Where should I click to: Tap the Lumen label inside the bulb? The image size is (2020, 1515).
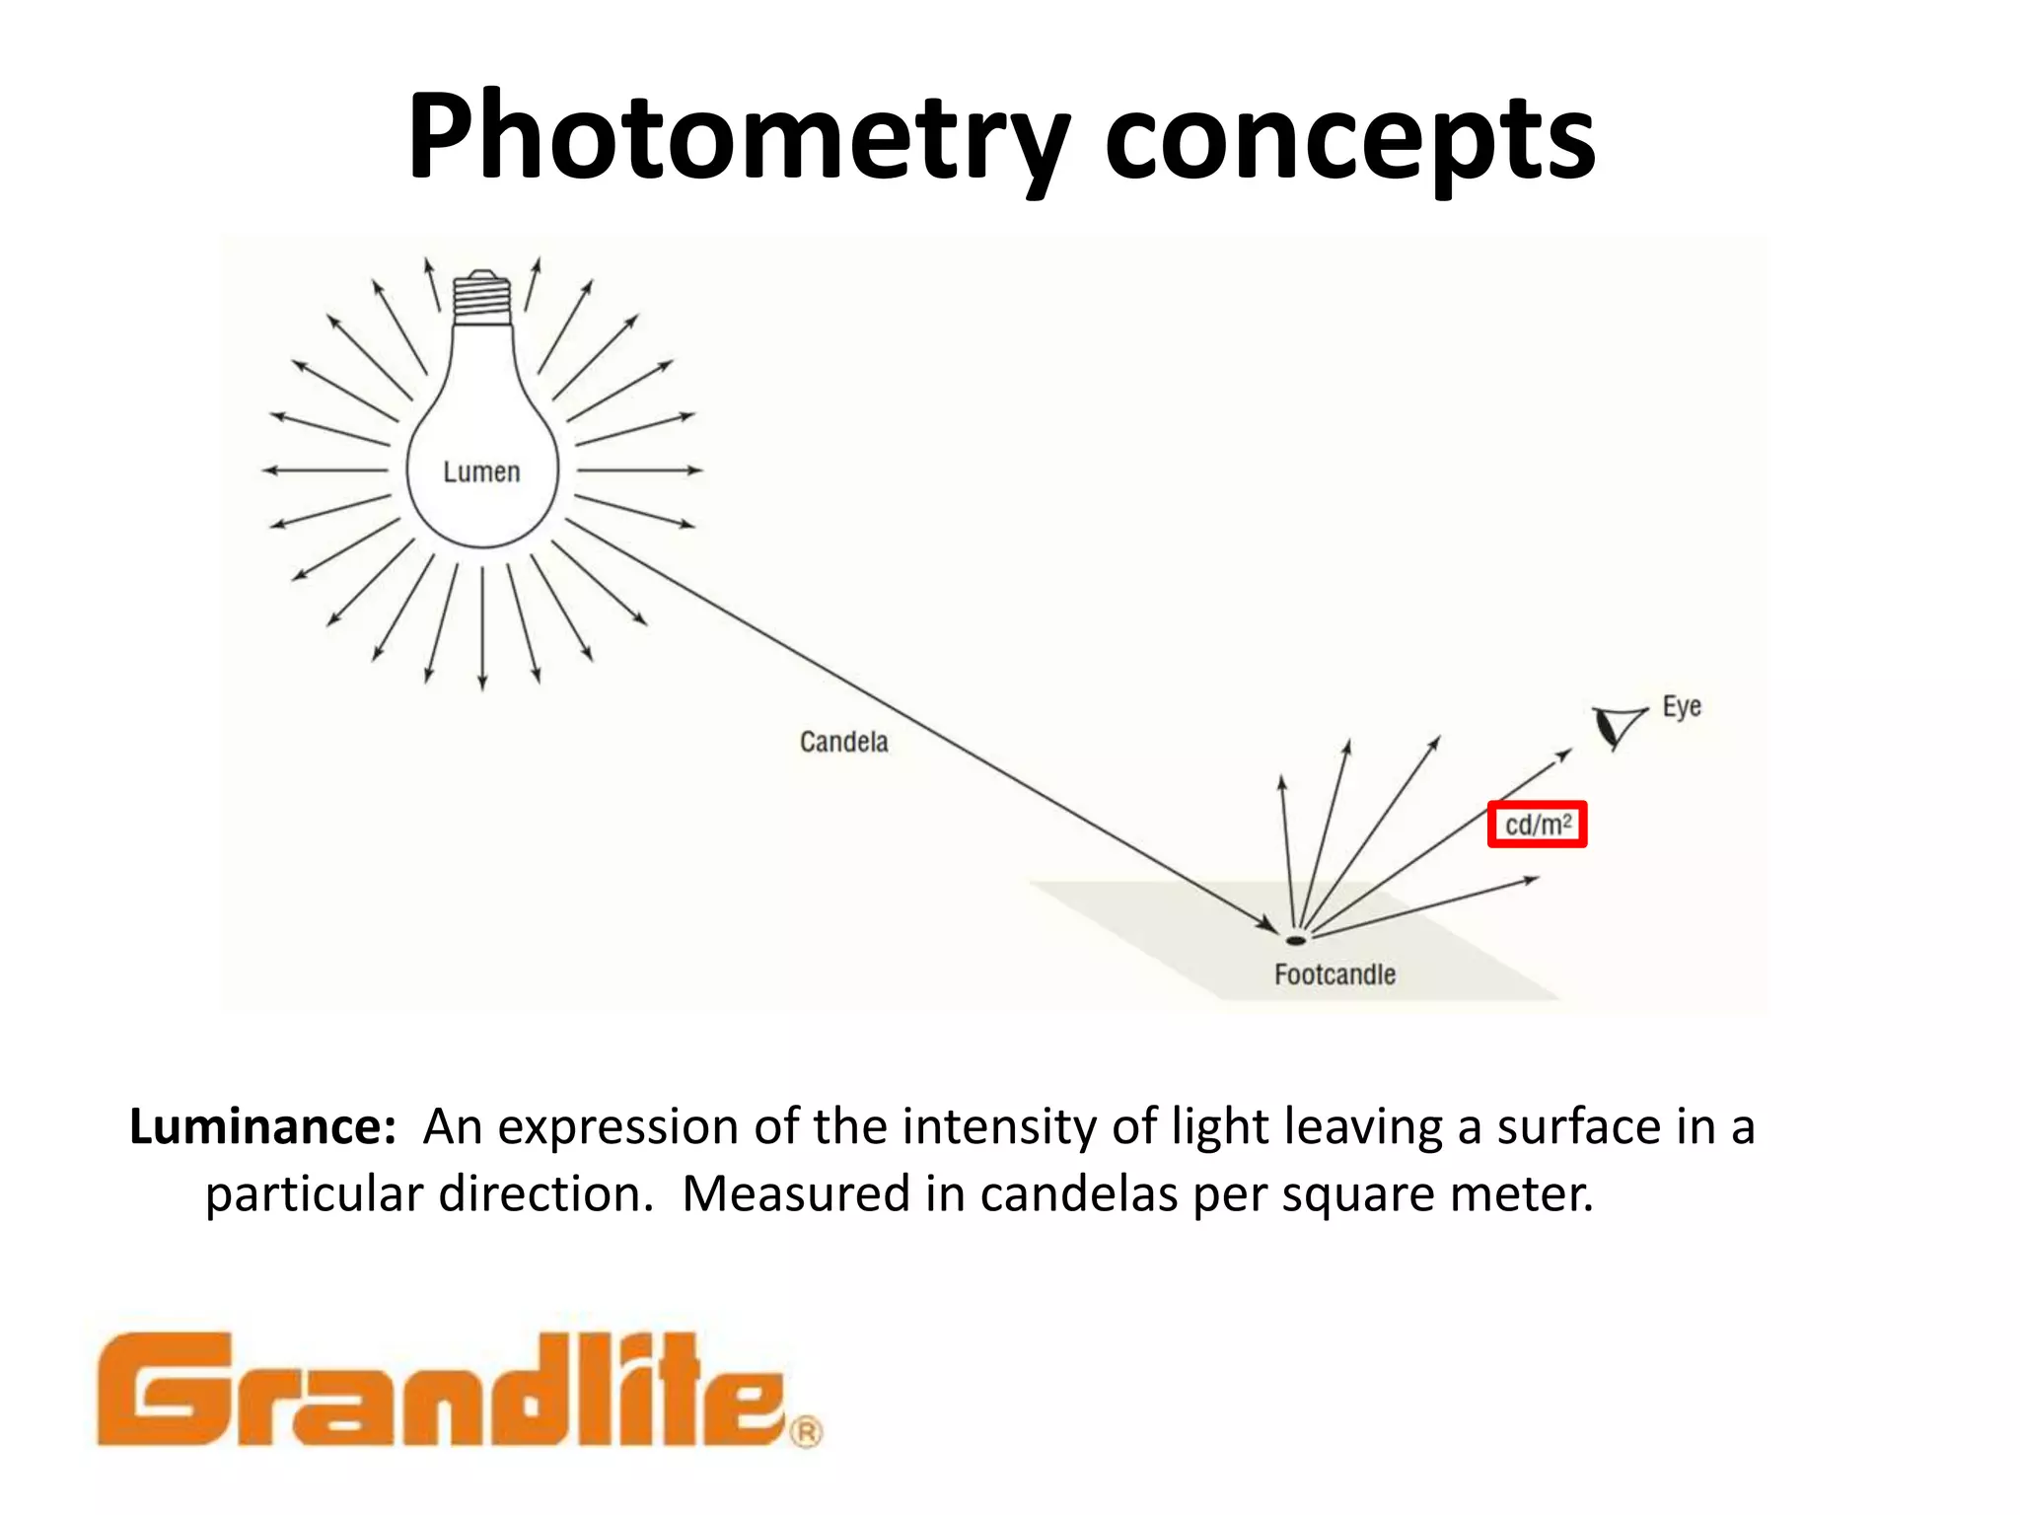tap(481, 472)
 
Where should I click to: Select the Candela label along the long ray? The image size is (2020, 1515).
tap(843, 742)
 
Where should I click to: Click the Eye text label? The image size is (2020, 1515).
tap(1682, 707)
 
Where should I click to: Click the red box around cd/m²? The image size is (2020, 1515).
tap(1537, 825)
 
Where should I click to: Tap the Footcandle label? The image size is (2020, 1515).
tap(1335, 974)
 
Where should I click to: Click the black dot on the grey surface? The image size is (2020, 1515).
tap(1295, 940)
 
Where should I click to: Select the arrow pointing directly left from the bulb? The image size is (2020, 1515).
tap(325, 470)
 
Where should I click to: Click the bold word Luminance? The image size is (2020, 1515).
tap(262, 1126)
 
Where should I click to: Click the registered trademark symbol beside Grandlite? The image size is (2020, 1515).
tap(806, 1431)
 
